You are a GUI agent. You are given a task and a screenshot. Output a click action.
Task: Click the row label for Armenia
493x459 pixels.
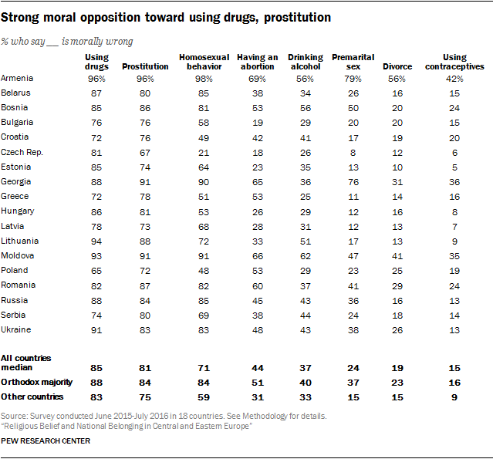pyautogui.click(x=17, y=78)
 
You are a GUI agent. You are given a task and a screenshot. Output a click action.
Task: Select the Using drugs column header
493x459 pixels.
pyautogui.click(x=96, y=61)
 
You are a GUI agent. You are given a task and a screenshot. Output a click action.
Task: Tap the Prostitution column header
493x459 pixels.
pyautogui.click(x=145, y=66)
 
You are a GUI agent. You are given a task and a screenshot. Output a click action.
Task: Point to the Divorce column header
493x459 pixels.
pyautogui.click(x=397, y=66)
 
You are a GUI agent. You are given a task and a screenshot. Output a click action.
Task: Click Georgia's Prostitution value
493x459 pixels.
pyautogui.click(x=145, y=181)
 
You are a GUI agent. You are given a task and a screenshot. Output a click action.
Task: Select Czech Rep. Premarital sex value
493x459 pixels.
pyautogui.click(x=353, y=152)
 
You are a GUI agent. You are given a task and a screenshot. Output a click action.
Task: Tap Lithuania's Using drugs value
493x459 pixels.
pyautogui.click(x=96, y=241)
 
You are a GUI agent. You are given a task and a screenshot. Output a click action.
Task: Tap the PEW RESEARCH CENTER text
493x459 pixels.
pyautogui.click(x=46, y=441)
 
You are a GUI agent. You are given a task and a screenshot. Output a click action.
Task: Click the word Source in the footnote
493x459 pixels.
pyautogui.click(x=15, y=416)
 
